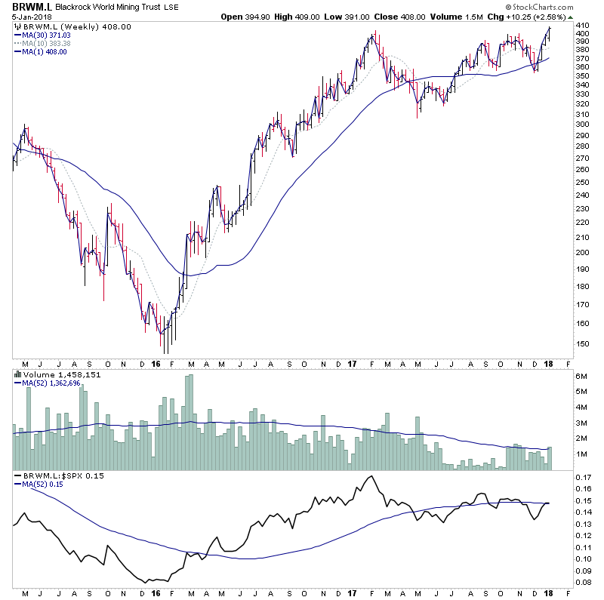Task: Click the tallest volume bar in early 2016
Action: [x=191, y=423]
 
